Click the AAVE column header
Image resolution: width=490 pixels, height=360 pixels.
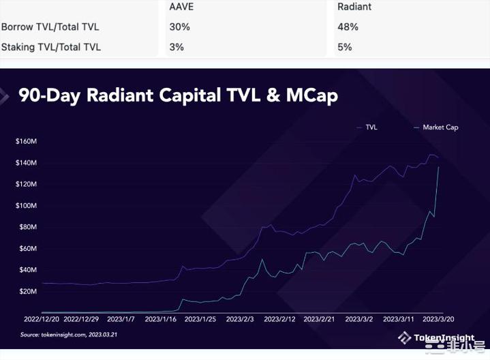[181, 7]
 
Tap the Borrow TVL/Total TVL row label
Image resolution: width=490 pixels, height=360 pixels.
[50, 27]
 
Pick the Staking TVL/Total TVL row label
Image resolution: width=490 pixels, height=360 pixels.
[51, 47]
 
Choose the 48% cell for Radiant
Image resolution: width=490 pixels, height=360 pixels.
[348, 27]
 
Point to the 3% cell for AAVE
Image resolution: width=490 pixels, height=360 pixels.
[176, 47]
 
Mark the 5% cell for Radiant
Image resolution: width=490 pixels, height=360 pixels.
[345, 47]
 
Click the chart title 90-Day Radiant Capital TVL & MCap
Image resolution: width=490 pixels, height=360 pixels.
[178, 95]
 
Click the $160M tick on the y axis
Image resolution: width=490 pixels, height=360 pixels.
[26, 142]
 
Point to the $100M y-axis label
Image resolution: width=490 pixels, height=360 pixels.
[26, 206]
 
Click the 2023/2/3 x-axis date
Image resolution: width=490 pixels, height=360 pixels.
[240, 318]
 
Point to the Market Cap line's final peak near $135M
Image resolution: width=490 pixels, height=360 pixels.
[437, 167]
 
